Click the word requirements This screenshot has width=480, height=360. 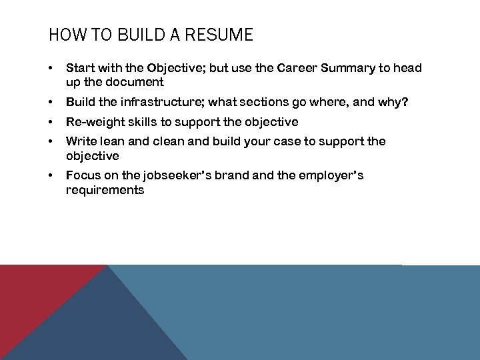pos(105,190)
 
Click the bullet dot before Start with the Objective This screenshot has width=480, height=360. pos(51,68)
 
